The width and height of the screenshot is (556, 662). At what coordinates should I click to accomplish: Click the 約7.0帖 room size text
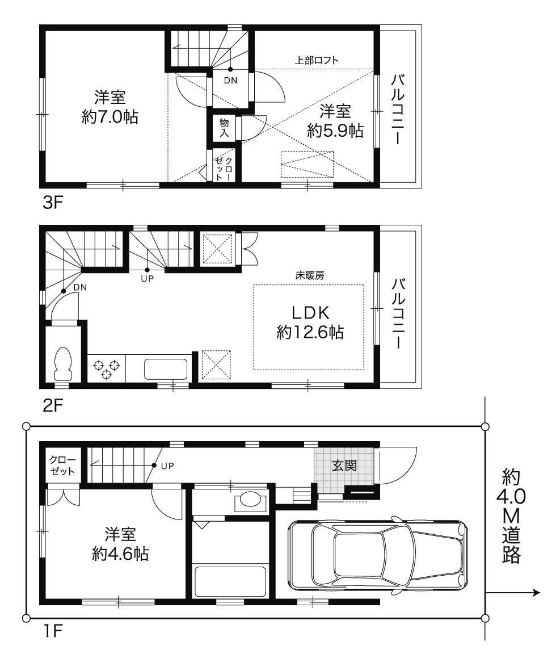click(x=110, y=118)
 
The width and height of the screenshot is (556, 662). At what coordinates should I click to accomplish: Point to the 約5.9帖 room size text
click(x=335, y=131)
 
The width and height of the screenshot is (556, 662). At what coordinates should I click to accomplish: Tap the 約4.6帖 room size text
click(x=120, y=554)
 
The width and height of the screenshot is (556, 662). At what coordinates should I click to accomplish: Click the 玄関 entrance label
click(x=344, y=466)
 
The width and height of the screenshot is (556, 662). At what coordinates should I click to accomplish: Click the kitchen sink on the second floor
click(x=166, y=369)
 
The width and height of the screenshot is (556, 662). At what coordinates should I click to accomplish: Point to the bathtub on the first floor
click(x=230, y=581)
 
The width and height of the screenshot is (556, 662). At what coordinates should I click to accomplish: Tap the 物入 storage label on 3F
click(x=224, y=127)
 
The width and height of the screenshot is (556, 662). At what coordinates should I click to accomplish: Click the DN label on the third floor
click(x=230, y=81)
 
